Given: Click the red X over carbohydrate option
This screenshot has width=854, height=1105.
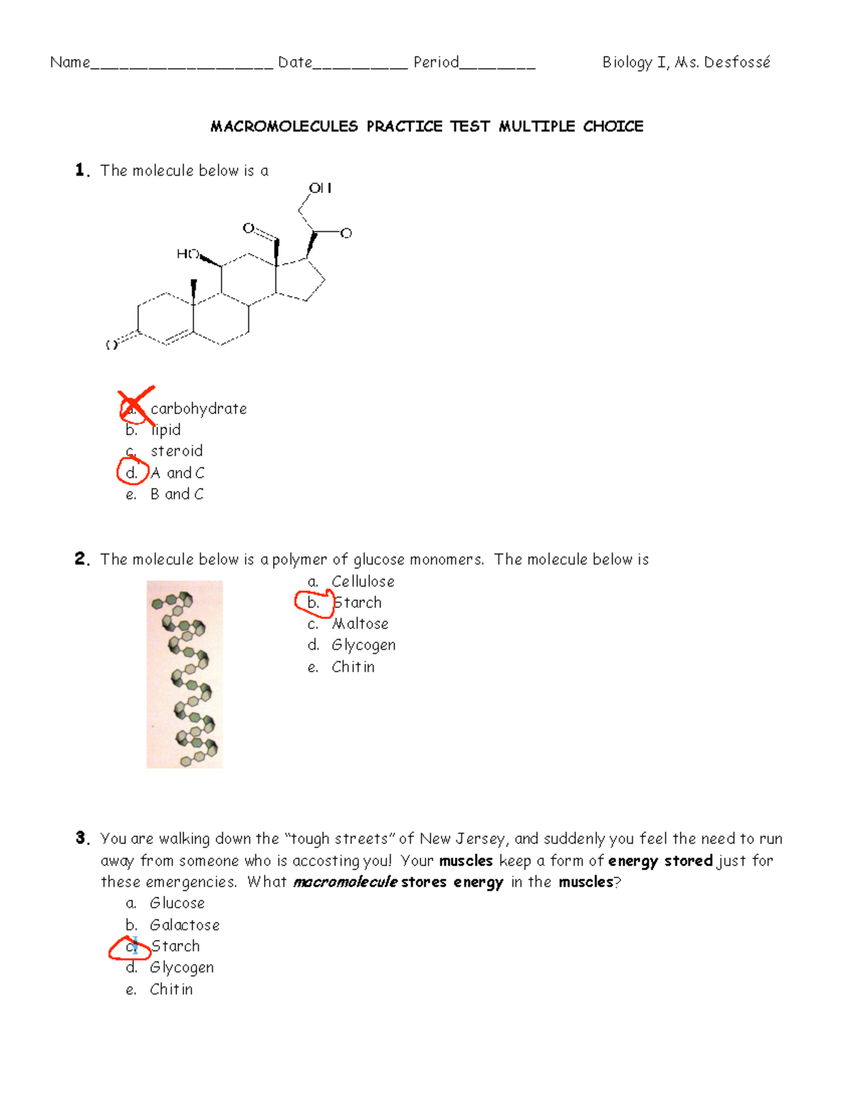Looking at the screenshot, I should pyautogui.click(x=135, y=406).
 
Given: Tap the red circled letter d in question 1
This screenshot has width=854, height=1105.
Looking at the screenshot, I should pyautogui.click(x=132, y=472).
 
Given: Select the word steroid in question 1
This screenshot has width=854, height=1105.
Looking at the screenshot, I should pyautogui.click(x=176, y=451).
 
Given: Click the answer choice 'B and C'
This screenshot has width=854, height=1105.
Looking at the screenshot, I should pyautogui.click(x=176, y=494).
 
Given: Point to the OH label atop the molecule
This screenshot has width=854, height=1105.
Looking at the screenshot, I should pyautogui.click(x=320, y=188).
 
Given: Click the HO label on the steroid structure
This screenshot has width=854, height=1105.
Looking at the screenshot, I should pyautogui.click(x=187, y=254).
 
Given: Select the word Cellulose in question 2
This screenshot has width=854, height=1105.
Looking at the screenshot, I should pyautogui.click(x=363, y=581).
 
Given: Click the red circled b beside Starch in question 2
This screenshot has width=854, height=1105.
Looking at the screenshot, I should pyautogui.click(x=313, y=603).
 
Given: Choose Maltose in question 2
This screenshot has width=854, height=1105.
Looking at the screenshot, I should pyautogui.click(x=360, y=624).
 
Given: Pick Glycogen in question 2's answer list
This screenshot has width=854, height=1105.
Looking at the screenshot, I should pyautogui.click(x=364, y=645).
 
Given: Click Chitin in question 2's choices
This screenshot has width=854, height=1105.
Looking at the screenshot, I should pyautogui.click(x=353, y=667).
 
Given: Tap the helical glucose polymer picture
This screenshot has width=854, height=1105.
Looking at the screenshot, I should pyautogui.click(x=185, y=674).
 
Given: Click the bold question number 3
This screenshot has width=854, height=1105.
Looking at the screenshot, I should pyautogui.click(x=82, y=838).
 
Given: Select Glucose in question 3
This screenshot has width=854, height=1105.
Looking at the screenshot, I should pyautogui.click(x=177, y=903).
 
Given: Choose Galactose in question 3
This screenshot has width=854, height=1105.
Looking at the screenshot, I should pyautogui.click(x=184, y=925).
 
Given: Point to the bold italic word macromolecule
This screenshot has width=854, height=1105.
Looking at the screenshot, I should pyautogui.click(x=345, y=882).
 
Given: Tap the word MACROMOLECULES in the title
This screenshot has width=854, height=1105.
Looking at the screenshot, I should pyautogui.click(x=284, y=127).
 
